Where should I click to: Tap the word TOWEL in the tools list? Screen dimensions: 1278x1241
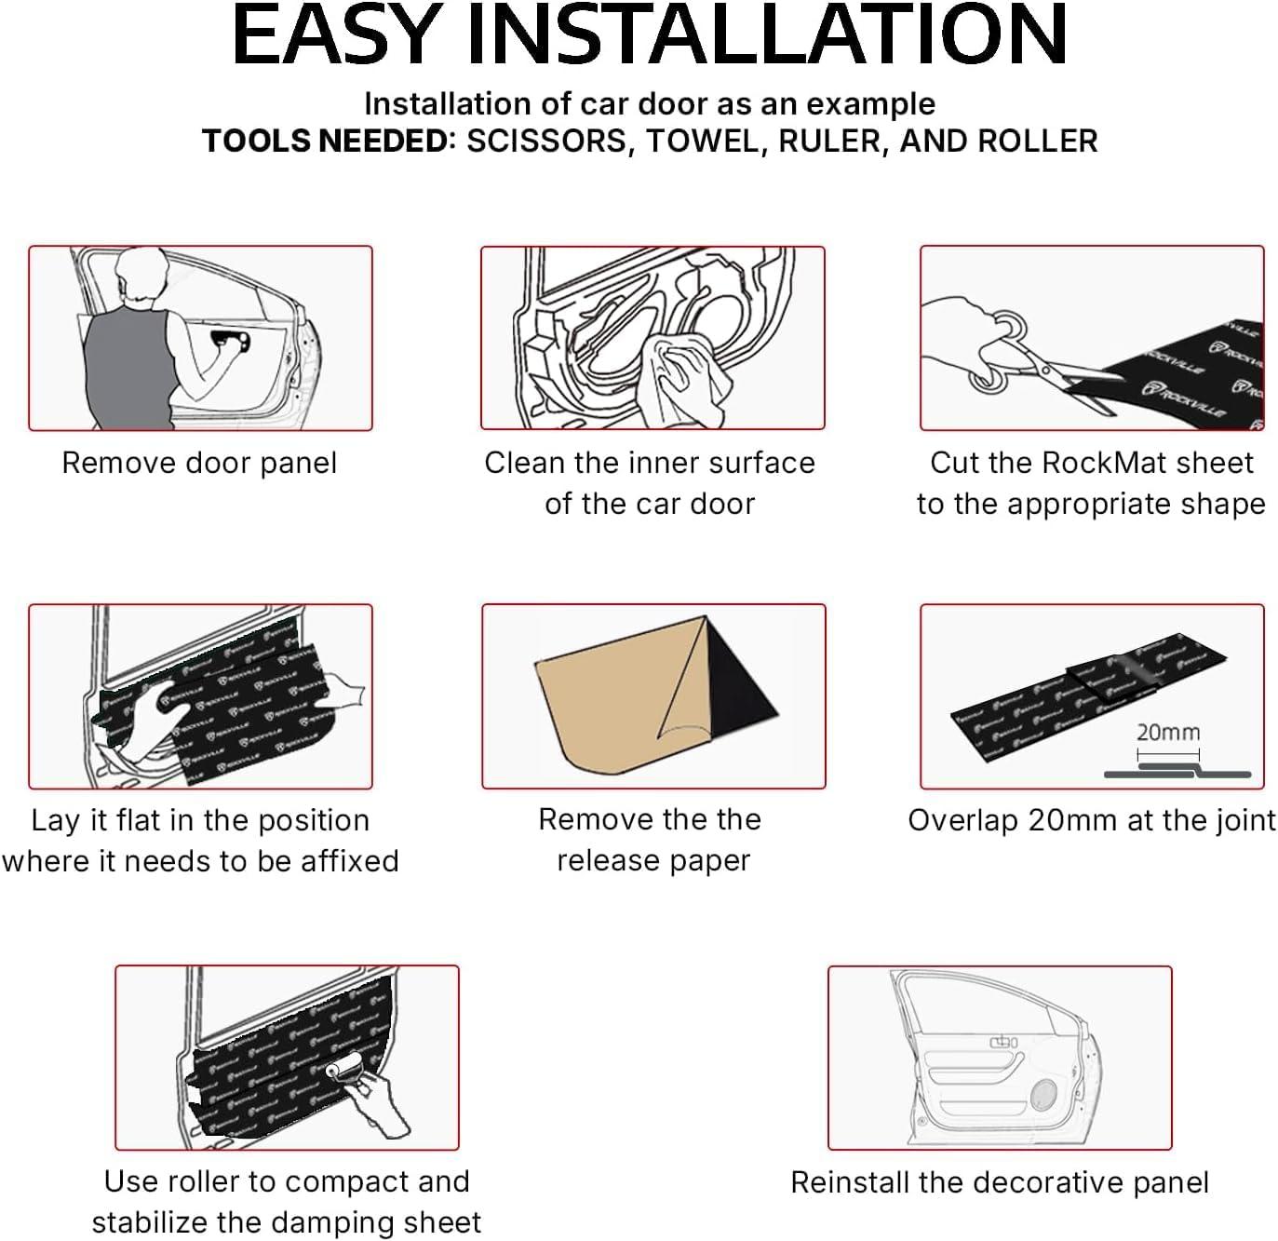[702, 142]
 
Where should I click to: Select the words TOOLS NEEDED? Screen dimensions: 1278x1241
[326, 142]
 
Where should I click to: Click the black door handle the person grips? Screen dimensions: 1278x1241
[231, 341]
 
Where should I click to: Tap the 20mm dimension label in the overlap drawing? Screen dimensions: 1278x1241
[1168, 733]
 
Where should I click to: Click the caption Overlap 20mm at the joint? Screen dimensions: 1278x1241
[1092, 820]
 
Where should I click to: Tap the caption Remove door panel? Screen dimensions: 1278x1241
[199, 463]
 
